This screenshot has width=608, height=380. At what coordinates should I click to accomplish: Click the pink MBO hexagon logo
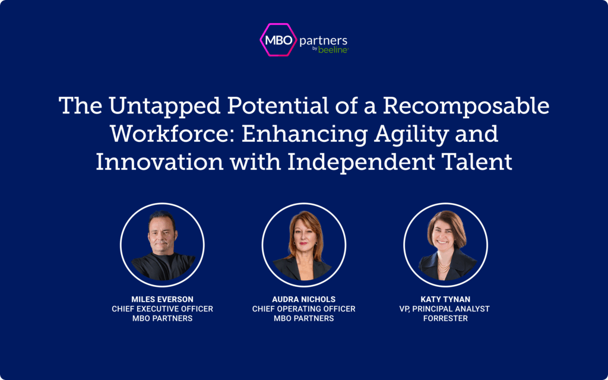(x=278, y=40)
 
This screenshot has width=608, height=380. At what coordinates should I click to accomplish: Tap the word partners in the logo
(x=324, y=41)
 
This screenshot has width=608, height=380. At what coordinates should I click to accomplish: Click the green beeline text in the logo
(x=333, y=50)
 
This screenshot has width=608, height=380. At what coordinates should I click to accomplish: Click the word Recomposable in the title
(x=466, y=106)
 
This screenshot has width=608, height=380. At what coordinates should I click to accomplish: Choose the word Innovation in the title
(x=159, y=162)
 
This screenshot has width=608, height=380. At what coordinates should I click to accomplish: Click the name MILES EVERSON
(x=162, y=299)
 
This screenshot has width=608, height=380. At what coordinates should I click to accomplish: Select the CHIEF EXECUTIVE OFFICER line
(x=162, y=309)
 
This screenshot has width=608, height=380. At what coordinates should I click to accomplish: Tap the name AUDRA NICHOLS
(x=303, y=299)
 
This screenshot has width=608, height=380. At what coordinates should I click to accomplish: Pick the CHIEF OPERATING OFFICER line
(x=303, y=309)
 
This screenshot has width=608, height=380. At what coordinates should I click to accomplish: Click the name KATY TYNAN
(x=445, y=299)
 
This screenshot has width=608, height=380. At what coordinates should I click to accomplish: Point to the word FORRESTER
(x=445, y=318)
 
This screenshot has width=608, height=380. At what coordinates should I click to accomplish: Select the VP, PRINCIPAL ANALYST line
(x=444, y=309)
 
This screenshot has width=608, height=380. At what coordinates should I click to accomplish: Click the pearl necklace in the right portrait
(x=444, y=267)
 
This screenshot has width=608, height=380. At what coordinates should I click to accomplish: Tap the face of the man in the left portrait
(x=161, y=236)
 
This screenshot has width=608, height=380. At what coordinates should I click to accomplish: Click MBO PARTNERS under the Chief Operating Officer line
(x=303, y=318)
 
